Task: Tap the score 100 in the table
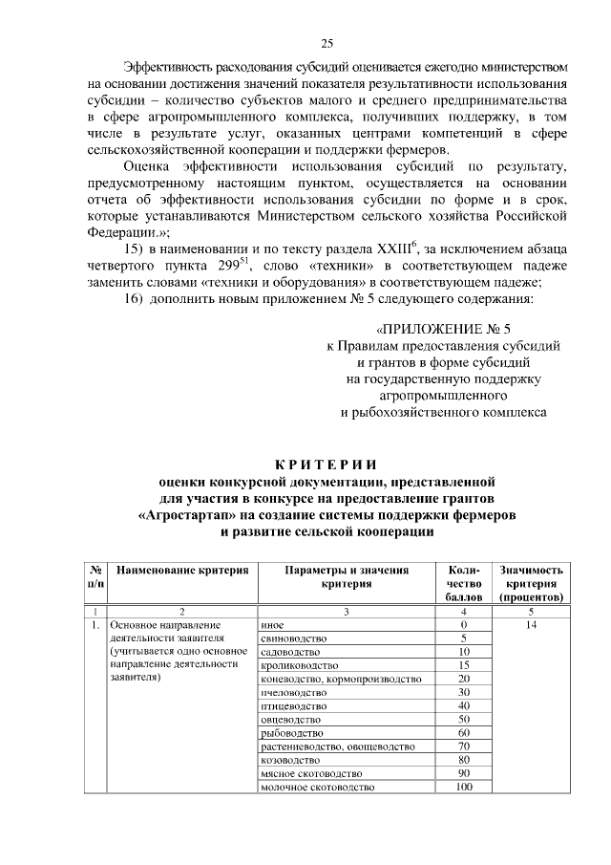(464, 787)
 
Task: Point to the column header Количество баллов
(464, 583)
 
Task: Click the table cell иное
(271, 624)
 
